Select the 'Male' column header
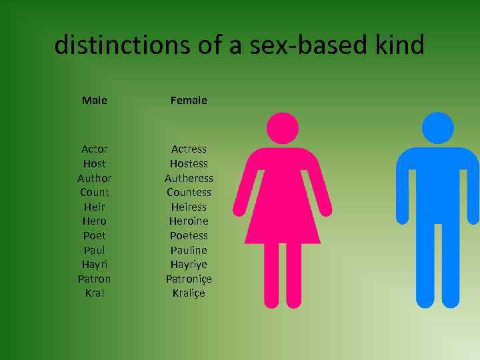point(94,101)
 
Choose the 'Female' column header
point(189,101)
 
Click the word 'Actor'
point(94,149)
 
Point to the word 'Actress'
point(189,149)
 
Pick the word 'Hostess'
point(189,163)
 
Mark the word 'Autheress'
point(189,178)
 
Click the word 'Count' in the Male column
point(94,192)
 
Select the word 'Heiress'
point(189,207)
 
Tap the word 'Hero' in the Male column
point(94,221)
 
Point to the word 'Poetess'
point(189,235)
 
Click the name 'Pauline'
point(189,250)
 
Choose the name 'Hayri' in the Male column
point(94,264)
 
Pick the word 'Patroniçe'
point(189,279)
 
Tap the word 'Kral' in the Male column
point(94,293)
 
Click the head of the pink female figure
point(281,128)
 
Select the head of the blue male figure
point(437,128)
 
